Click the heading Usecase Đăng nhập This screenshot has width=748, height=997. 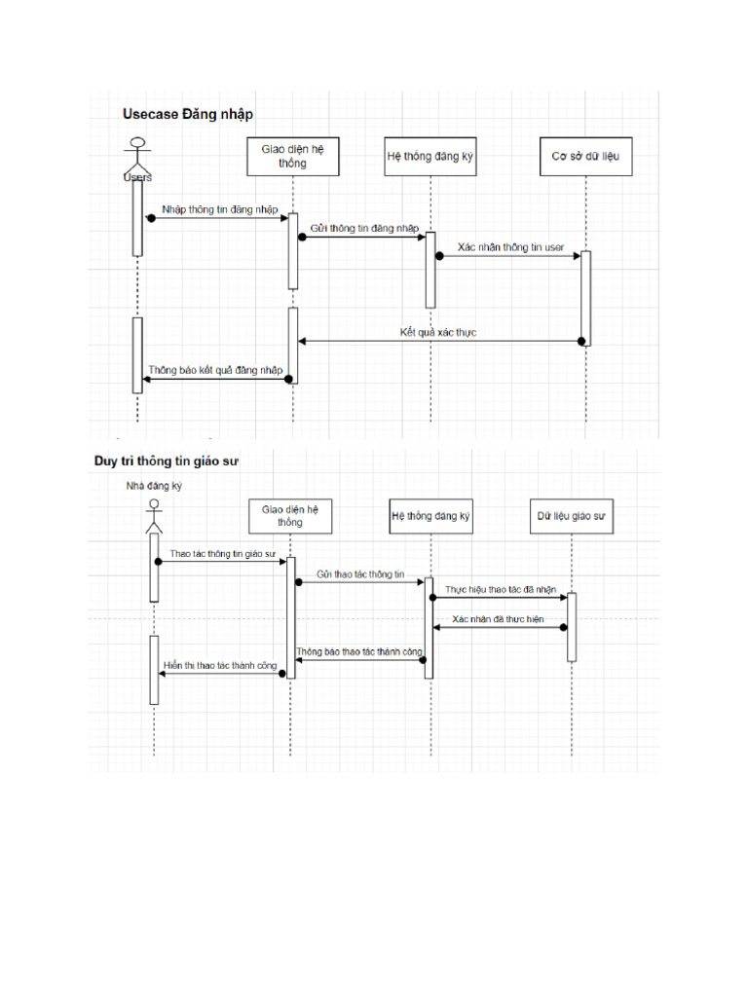click(x=187, y=114)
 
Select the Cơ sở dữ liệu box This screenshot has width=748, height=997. click(x=586, y=157)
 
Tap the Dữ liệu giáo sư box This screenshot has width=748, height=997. click(x=572, y=516)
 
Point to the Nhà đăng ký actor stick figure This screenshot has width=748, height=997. click(x=153, y=516)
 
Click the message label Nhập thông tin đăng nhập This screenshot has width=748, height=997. click(x=220, y=209)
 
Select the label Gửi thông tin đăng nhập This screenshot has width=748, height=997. click(x=364, y=228)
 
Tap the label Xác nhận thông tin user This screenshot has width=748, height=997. click(x=510, y=247)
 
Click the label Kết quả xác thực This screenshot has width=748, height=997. click(x=437, y=332)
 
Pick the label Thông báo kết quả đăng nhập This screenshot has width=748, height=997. click(x=216, y=370)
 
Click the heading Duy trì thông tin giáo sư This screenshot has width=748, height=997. click(x=166, y=461)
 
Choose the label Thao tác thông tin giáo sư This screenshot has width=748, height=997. click(x=223, y=553)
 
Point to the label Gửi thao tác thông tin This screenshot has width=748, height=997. click(x=360, y=574)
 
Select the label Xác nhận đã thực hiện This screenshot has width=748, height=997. click(x=498, y=619)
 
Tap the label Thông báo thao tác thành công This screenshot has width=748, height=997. click(x=359, y=650)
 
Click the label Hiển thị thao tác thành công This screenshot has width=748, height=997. click(x=220, y=666)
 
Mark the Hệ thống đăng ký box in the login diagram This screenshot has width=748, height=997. click(x=430, y=157)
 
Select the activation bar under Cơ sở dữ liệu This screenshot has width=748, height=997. click(x=586, y=297)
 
